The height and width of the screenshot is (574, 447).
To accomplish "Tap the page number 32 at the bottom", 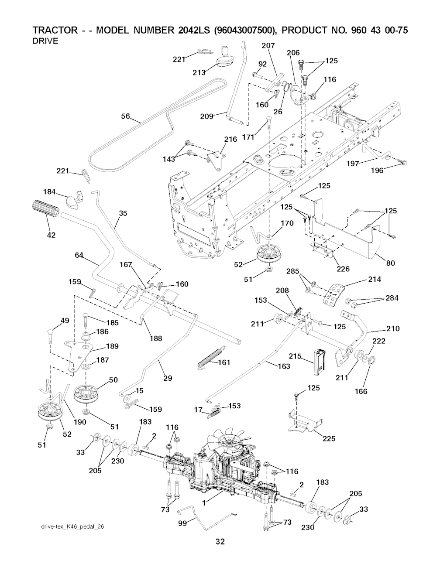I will (x=220, y=554).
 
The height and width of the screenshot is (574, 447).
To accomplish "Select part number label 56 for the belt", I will (x=126, y=116).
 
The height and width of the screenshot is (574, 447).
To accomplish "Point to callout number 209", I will (x=206, y=116).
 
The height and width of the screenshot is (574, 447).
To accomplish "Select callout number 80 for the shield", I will (x=391, y=263).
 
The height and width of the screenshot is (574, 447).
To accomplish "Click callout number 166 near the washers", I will (x=361, y=391).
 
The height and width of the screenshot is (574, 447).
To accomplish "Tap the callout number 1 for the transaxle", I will (x=204, y=502).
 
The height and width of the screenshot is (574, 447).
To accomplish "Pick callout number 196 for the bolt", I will (x=377, y=171).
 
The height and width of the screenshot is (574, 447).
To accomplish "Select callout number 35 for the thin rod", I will (x=123, y=213).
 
